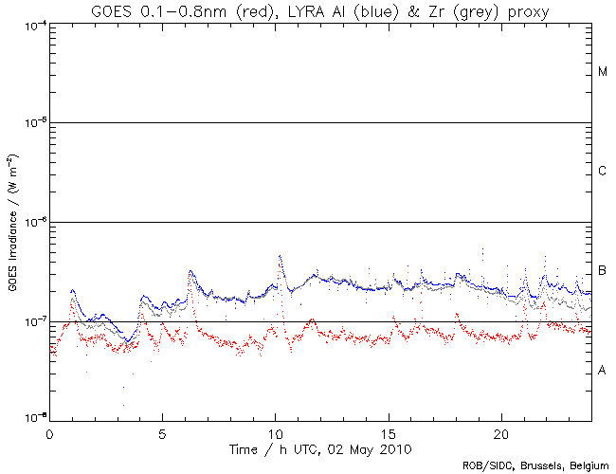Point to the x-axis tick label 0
click(x=49, y=432)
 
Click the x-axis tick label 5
click(x=162, y=432)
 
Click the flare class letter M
click(x=603, y=72)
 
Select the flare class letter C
click(x=603, y=172)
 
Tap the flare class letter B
click(x=603, y=272)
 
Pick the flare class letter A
click(x=603, y=371)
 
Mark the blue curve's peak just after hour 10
click(x=280, y=256)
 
